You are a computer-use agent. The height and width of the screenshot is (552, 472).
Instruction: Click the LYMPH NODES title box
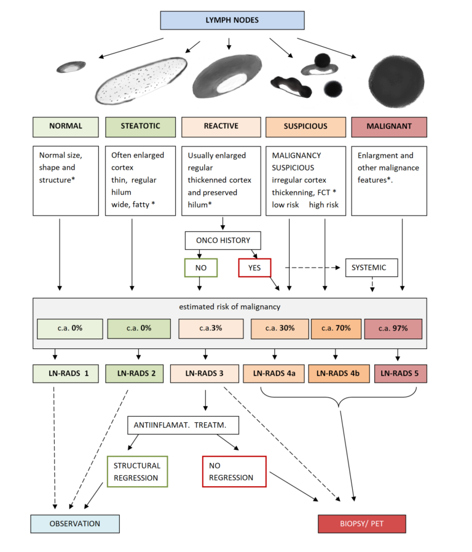[232, 20]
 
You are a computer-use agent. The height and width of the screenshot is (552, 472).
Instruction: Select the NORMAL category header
[65, 126]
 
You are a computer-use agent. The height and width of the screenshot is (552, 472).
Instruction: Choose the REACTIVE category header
[221, 126]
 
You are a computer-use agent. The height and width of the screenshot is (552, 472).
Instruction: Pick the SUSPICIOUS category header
[305, 126]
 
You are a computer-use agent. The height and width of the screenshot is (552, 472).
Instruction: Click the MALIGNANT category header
[389, 126]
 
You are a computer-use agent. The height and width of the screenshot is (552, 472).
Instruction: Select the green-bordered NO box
[201, 268]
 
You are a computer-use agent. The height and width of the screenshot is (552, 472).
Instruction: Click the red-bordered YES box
[254, 268]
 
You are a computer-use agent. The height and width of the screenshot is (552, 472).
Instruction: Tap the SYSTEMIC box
[371, 268]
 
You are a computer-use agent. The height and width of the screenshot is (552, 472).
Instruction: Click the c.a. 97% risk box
[393, 328]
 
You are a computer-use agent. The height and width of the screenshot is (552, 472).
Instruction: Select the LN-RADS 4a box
[273, 374]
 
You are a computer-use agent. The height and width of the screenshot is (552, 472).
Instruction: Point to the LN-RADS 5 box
[400, 374]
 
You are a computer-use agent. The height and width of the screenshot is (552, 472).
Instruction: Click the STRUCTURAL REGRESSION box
[136, 471]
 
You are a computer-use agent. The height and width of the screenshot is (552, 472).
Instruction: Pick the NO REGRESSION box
[234, 471]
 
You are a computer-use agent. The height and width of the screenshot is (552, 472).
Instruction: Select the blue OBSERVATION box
[75, 523]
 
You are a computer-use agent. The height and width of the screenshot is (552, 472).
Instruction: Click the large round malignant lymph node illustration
[396, 79]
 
